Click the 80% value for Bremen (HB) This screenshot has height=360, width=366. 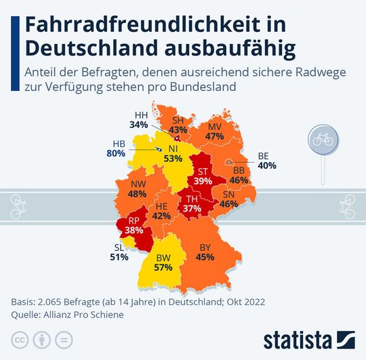pyautogui.click(x=116, y=154)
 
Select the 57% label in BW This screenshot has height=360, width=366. pyautogui.click(x=163, y=268)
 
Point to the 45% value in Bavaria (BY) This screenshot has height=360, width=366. pyautogui.click(x=205, y=257)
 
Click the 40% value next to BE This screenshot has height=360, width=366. pyautogui.click(x=266, y=165)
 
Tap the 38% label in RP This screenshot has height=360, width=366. pyautogui.click(x=135, y=231)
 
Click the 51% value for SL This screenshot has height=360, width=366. pyautogui.click(x=119, y=257)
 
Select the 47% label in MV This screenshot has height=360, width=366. pyautogui.click(x=214, y=136)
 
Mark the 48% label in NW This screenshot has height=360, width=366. pyautogui.click(x=137, y=194)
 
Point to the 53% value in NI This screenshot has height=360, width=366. pyautogui.click(x=173, y=159)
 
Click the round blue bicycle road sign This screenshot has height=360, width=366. pyautogui.click(x=321, y=138)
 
